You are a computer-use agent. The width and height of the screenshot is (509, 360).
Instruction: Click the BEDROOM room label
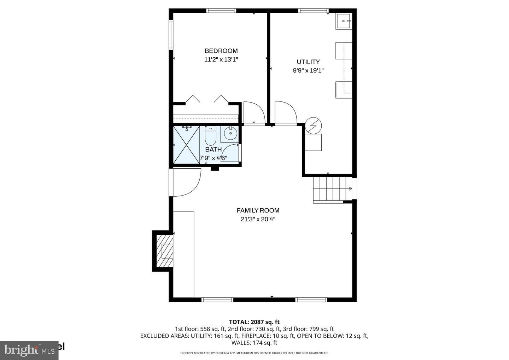click(x=221, y=51)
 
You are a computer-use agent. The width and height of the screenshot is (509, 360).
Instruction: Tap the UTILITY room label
click(x=308, y=62)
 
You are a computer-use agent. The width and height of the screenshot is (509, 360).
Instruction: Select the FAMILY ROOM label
click(x=258, y=210)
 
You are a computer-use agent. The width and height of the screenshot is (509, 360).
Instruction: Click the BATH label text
click(x=213, y=150)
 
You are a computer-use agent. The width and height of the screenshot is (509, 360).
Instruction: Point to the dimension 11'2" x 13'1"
click(x=221, y=60)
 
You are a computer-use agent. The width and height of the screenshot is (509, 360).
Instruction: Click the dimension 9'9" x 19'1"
click(x=308, y=70)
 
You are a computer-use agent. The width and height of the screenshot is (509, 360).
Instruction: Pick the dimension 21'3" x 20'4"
click(x=258, y=219)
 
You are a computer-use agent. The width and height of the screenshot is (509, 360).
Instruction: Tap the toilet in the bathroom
click(x=210, y=136)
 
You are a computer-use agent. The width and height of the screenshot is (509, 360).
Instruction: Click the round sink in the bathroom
click(x=230, y=133)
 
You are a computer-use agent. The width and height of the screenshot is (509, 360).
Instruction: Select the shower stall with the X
click(x=186, y=145)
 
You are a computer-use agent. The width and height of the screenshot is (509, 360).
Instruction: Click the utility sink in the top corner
click(x=344, y=21)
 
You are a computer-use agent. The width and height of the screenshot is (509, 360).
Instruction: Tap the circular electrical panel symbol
click(x=314, y=126)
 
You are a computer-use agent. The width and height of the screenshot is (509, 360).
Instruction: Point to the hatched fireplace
click(x=167, y=251)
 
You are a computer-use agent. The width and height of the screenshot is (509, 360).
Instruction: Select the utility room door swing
click(x=285, y=112)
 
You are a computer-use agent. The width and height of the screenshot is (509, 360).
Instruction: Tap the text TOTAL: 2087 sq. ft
click(x=254, y=322)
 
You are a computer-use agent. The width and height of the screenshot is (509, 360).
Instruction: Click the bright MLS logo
click(x=29, y=350)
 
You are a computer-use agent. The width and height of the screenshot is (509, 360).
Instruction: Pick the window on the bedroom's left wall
click(x=171, y=34)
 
